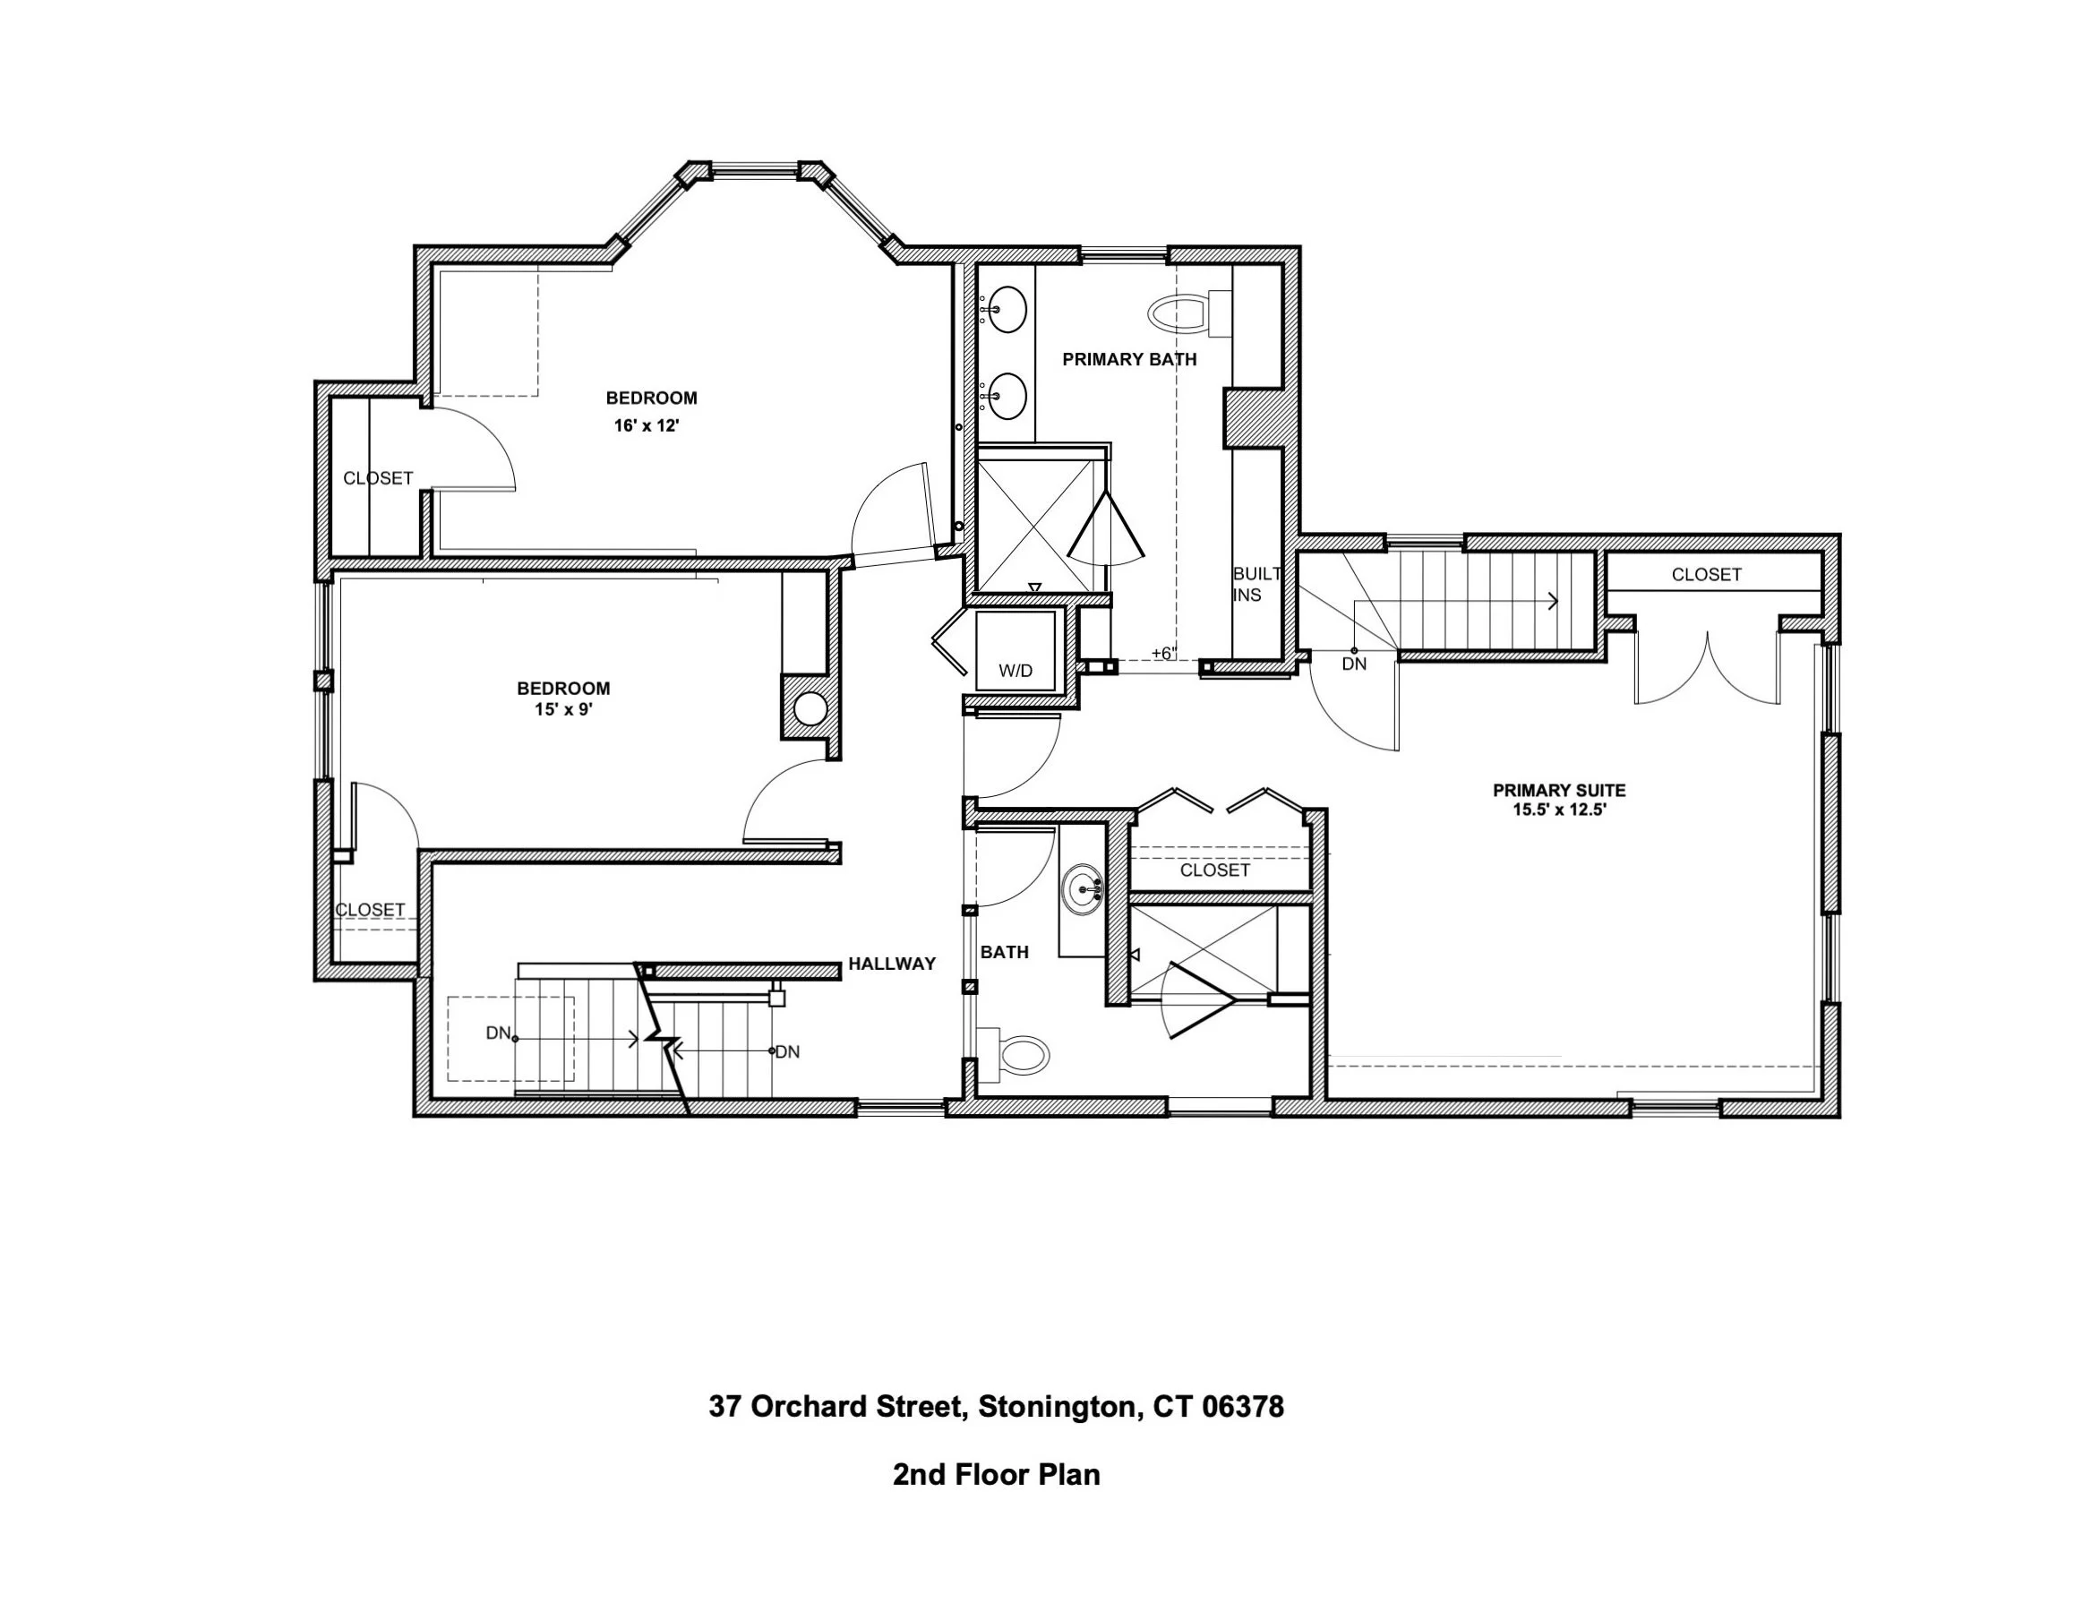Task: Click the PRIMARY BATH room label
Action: [x=1129, y=359]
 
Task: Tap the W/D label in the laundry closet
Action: [x=1016, y=671]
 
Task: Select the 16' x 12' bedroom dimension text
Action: [x=647, y=425]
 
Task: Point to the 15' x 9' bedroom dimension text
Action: [x=563, y=709]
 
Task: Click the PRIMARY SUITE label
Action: [x=1559, y=790]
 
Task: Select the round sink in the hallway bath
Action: [x=1083, y=890]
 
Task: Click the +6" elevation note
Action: [x=1163, y=654]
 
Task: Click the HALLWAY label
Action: [x=892, y=964]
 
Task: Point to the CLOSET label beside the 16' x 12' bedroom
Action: [x=378, y=478]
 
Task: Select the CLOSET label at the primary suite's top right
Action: [x=1707, y=575]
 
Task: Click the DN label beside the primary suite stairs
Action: [x=1354, y=664]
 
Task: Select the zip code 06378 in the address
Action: [x=1243, y=1406]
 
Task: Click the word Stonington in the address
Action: [x=1059, y=1406]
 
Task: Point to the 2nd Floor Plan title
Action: [x=996, y=1475]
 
